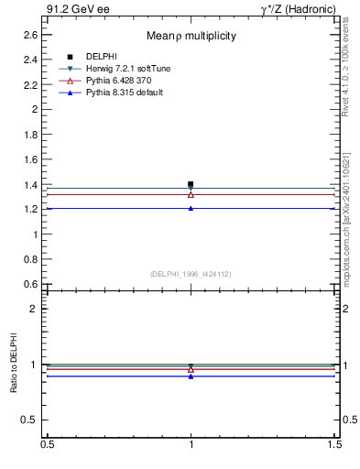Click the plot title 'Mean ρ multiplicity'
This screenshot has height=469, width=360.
pos(191,36)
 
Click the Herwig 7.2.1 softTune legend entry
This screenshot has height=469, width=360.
pos(127,69)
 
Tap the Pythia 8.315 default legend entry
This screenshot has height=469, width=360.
pos(125,93)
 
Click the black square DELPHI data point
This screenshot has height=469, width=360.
pos(191,184)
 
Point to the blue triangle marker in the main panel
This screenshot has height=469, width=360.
pos(191,208)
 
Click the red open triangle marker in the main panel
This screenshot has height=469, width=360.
pos(191,194)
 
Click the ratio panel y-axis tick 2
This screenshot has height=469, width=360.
pos(34,309)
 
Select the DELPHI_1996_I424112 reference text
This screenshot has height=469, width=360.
pos(191,273)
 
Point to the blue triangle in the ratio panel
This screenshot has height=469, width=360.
pos(191,376)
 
